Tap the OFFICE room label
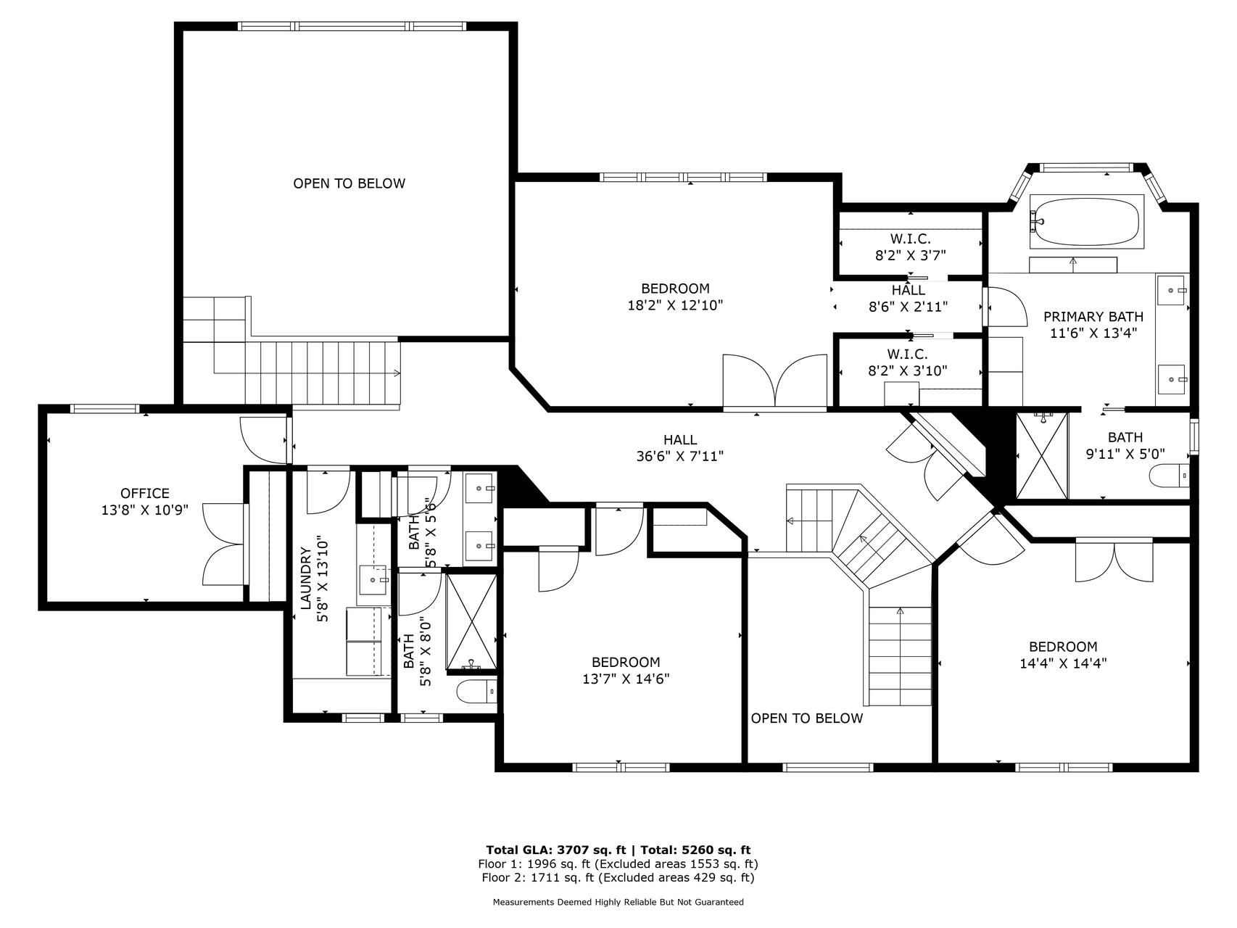click(145, 493)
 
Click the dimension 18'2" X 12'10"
click(675, 305)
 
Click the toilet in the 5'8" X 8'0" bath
click(476, 692)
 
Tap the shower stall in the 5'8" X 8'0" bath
click(471, 622)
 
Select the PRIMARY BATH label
click(1093, 316)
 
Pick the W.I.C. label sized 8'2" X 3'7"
click(910, 239)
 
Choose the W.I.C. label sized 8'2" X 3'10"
click(907, 354)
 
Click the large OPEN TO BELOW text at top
click(349, 183)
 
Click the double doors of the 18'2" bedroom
click(775, 381)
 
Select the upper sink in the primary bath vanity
click(1172, 291)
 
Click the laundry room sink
click(374, 580)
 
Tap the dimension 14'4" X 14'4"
click(1063, 663)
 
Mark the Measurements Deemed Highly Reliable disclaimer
click(618, 903)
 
